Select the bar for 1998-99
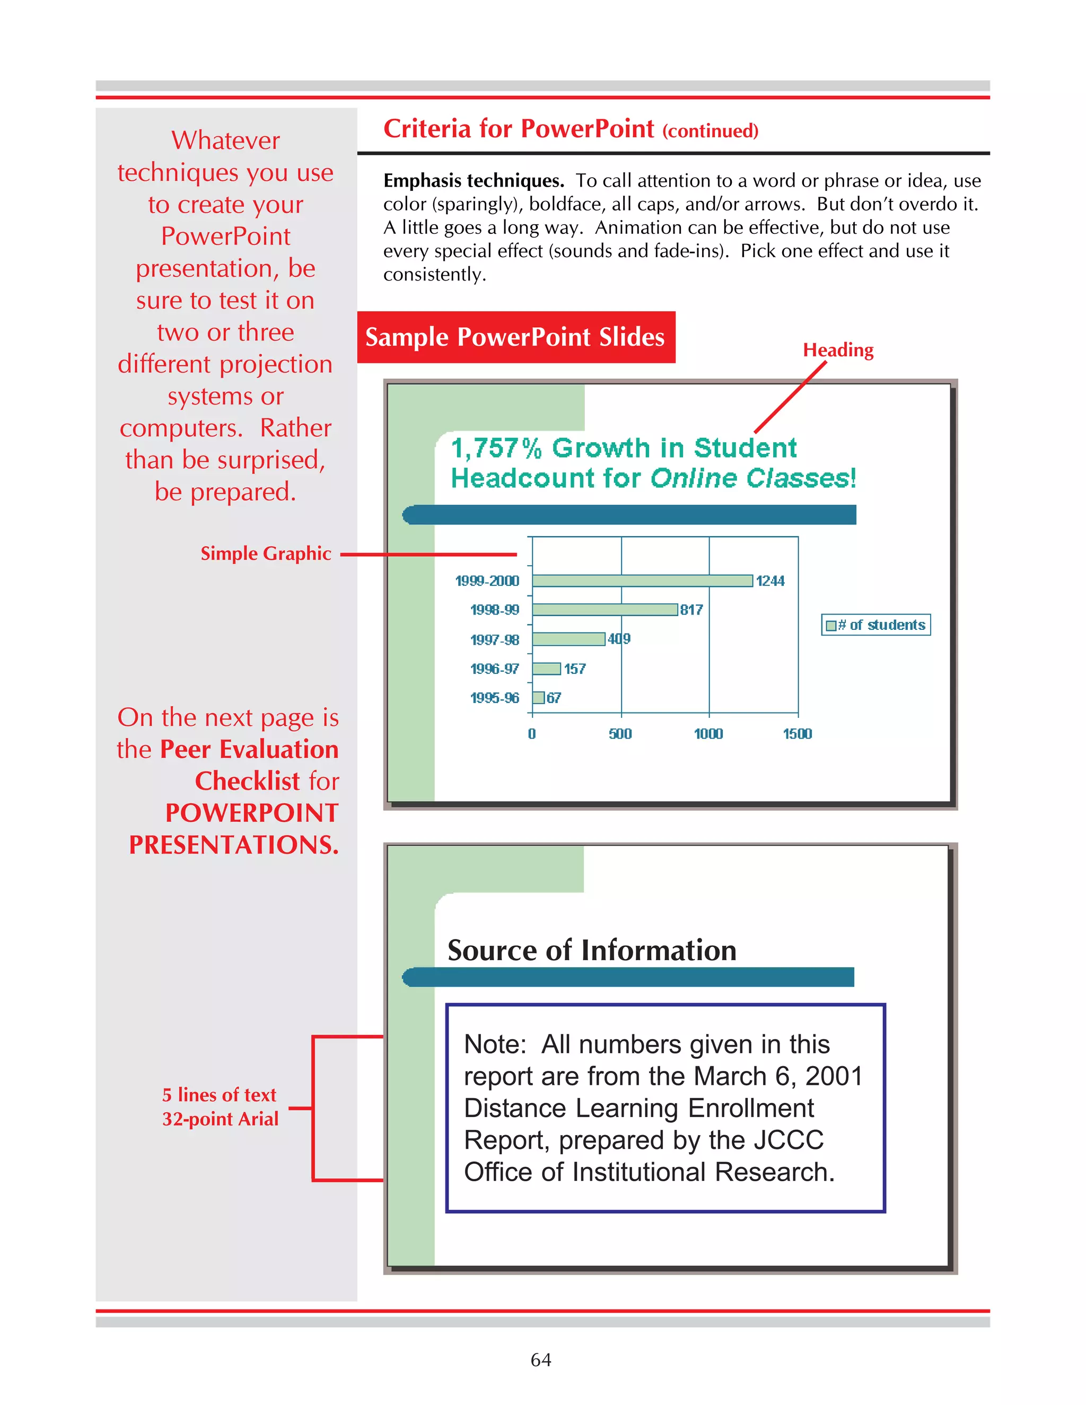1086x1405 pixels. coord(605,610)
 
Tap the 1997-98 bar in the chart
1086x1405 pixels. coord(569,639)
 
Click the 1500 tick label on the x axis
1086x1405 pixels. coord(797,734)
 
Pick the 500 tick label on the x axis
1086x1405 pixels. coord(620,734)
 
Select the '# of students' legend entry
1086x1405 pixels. coord(876,625)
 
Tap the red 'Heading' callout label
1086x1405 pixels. coord(838,350)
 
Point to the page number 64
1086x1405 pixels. coord(540,1359)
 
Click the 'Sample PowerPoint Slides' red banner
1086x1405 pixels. coord(515,337)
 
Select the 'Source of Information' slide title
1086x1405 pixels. coord(591,951)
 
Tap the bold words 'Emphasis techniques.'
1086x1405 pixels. coord(474,181)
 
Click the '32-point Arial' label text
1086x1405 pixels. coord(220,1119)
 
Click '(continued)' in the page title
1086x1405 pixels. coord(710,131)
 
